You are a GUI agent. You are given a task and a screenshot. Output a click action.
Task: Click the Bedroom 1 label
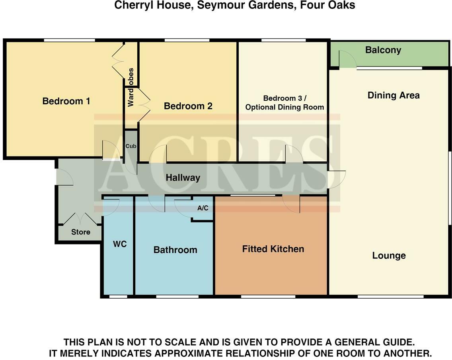pos(66,101)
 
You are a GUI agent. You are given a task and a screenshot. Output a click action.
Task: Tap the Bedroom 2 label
pos(188,106)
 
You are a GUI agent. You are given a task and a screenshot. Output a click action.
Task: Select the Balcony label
pos(383,50)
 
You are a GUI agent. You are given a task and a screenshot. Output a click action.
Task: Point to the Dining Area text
pos(393,96)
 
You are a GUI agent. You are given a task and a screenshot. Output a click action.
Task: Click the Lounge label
pos(389,256)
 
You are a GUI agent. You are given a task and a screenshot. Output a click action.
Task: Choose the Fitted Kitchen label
pos(273,249)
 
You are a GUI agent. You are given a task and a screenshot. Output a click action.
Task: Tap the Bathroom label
pos(175,250)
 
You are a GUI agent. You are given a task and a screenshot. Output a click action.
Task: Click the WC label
pos(119,244)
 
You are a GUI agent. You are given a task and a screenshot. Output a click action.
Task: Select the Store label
pos(80,232)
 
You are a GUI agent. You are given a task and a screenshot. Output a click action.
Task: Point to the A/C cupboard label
pos(203,208)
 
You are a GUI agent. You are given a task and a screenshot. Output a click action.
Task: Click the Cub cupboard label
pos(131,146)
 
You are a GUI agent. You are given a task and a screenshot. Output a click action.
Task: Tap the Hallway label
pos(183,178)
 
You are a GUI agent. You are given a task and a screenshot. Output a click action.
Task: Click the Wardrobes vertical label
pos(131,87)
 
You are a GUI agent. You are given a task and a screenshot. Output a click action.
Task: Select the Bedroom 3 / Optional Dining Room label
pos(284,103)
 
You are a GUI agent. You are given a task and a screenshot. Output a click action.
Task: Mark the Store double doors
pos(81,219)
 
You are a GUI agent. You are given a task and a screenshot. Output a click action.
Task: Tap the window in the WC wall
pos(118,296)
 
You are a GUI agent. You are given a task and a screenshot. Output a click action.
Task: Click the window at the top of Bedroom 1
pos(69,40)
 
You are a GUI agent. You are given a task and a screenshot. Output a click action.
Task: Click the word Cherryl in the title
pos(132,6)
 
